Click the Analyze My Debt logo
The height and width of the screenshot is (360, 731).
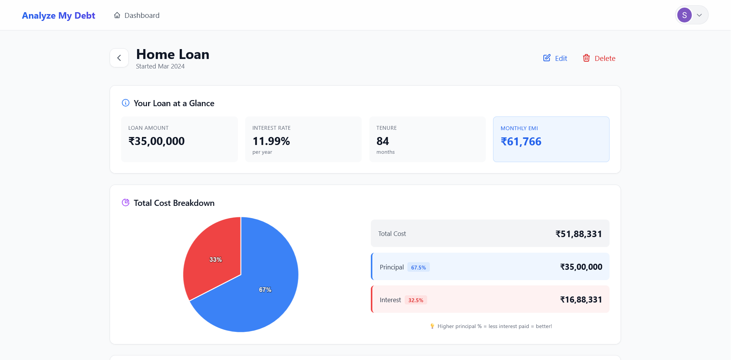(58, 16)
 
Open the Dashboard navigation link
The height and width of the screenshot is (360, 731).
(137, 16)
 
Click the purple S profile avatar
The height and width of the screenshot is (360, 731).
(684, 15)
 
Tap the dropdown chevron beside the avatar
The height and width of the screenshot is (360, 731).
(699, 15)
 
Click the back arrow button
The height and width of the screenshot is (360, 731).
(119, 58)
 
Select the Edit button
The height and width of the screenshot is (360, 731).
(555, 58)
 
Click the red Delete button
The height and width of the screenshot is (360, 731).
(599, 58)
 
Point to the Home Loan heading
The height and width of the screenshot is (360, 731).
(172, 54)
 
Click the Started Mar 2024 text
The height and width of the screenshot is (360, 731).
(160, 66)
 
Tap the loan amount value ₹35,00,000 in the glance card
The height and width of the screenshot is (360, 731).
(156, 141)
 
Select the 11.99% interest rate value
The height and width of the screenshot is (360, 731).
(271, 141)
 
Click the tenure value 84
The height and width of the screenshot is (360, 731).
(383, 141)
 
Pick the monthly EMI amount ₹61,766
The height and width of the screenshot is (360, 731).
(521, 142)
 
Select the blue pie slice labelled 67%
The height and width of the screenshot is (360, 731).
(263, 293)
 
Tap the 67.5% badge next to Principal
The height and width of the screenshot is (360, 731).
(418, 268)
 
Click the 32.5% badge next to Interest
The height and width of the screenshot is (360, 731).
(416, 300)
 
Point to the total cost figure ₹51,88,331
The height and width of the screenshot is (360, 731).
(579, 234)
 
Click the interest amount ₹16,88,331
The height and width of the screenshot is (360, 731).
(581, 300)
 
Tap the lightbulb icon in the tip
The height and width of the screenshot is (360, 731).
(432, 326)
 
